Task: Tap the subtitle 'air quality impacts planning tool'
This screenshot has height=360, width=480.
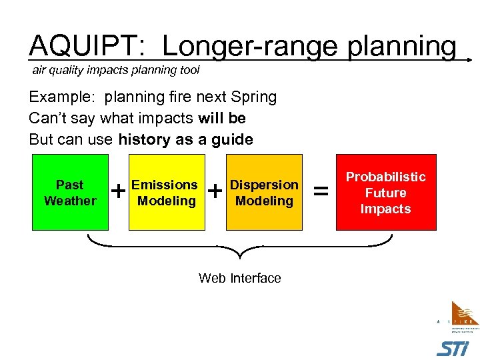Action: pyautogui.click(x=116, y=70)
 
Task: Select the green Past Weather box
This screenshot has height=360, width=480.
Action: pyautogui.click(x=70, y=193)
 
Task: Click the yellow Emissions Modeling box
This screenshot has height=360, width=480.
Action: pyautogui.click(x=165, y=193)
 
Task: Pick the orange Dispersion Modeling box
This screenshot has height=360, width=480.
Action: pyautogui.click(x=264, y=193)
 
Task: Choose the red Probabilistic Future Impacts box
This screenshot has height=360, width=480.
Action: pyautogui.click(x=386, y=193)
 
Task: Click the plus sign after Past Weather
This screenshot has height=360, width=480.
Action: pyautogui.click(x=118, y=192)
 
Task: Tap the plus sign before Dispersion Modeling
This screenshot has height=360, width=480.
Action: pyautogui.click(x=215, y=192)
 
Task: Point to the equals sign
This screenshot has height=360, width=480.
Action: pyautogui.click(x=321, y=192)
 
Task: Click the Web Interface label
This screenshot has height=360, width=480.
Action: pyautogui.click(x=240, y=278)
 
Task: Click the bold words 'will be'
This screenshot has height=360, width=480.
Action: pyautogui.click(x=222, y=118)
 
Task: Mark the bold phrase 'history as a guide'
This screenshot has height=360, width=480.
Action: pyautogui.click(x=185, y=139)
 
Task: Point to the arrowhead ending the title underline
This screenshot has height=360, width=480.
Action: pyautogui.click(x=469, y=59)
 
